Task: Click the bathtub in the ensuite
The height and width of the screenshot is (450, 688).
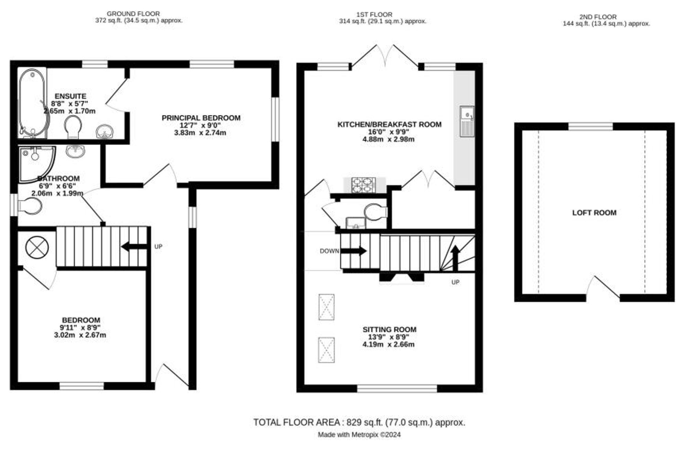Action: [32, 103]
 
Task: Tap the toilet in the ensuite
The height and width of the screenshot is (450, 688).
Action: [73, 126]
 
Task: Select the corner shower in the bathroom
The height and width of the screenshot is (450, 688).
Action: [36, 164]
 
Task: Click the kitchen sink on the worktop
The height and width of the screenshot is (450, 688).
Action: [467, 121]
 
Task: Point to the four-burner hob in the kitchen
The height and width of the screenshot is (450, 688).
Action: [363, 185]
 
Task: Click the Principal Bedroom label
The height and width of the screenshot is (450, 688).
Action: [201, 118]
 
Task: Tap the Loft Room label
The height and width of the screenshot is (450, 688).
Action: [594, 213]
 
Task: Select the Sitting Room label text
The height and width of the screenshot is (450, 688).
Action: [389, 329]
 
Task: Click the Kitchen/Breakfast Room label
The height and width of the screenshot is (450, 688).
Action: [389, 124]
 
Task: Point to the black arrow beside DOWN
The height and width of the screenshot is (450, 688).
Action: [353, 251]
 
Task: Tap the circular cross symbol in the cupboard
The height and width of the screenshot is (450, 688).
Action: [37, 248]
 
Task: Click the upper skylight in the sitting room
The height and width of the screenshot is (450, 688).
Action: [326, 307]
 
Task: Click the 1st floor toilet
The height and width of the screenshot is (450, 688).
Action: [376, 212]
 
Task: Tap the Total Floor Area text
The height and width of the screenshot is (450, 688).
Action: [359, 422]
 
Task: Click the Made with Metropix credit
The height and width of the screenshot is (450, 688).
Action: [359, 435]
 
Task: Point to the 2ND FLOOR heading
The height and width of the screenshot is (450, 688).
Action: [598, 17]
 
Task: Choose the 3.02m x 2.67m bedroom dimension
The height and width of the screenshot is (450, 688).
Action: [80, 335]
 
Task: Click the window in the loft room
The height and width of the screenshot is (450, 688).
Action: [590, 127]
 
